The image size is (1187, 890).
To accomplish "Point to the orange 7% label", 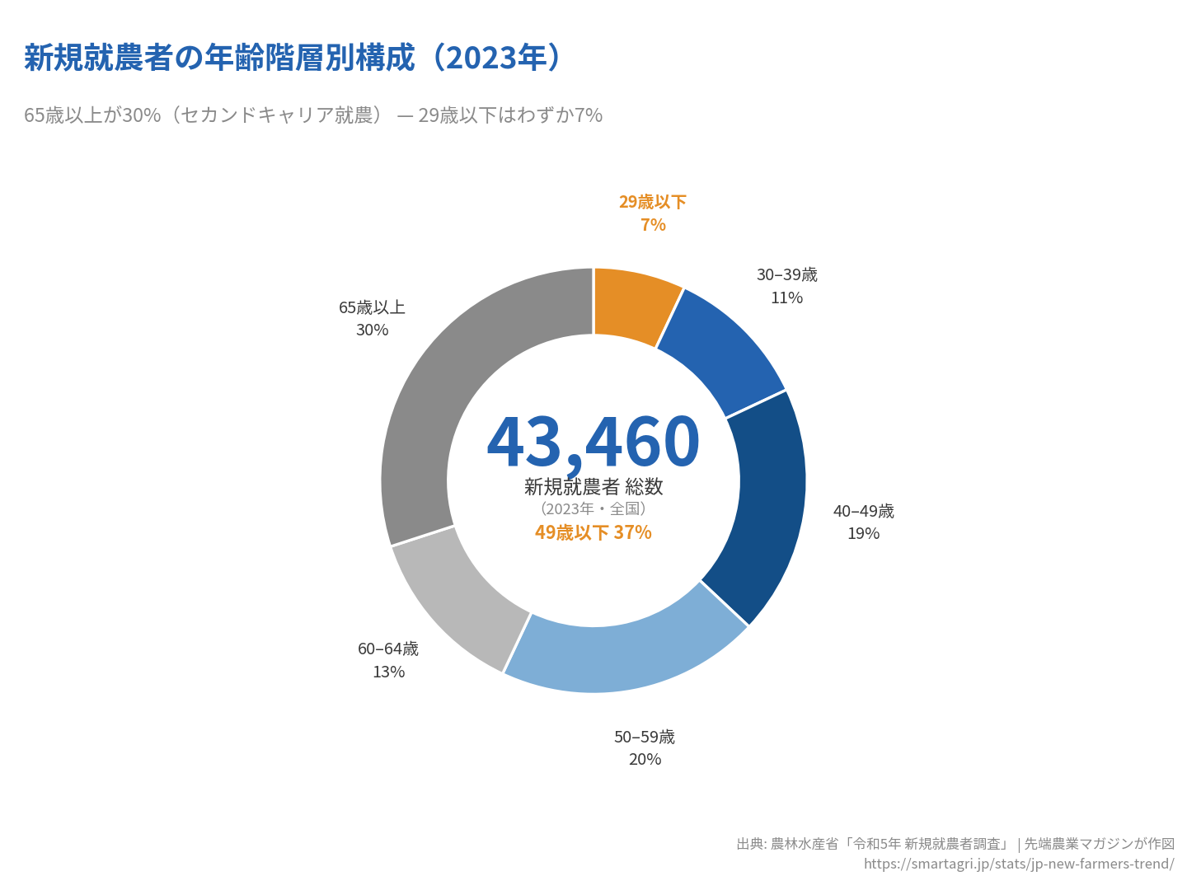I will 653,225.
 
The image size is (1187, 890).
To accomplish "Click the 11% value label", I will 786,297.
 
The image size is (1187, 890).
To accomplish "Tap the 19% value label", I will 863,533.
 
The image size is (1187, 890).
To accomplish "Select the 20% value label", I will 645,759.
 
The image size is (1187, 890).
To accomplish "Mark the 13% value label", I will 388,672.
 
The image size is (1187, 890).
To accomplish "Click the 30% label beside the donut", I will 372,330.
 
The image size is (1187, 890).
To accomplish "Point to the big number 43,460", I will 593,442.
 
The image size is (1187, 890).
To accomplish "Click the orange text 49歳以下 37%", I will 593,532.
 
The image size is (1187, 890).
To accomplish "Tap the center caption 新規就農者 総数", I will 593,487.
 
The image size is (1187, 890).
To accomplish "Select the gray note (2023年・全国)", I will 593,508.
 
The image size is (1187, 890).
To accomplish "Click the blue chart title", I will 293,58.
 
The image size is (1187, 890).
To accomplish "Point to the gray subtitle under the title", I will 313,115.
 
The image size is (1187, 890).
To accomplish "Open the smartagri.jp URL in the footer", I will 1019,864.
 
